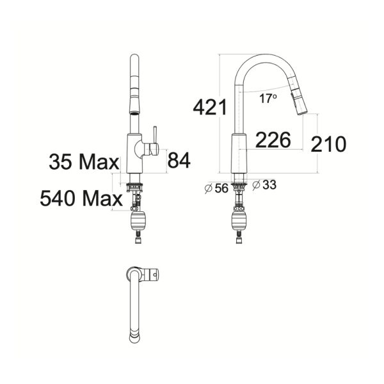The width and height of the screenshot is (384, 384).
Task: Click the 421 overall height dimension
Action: coord(211,107)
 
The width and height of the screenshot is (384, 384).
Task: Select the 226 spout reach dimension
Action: coord(273,140)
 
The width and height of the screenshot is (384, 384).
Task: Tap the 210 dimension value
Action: coord(328,144)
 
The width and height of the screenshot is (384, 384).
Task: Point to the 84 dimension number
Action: coord(179,160)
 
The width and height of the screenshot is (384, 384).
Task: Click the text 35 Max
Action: coord(84,161)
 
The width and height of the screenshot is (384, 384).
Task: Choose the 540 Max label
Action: coord(81,198)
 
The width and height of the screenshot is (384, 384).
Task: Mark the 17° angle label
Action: coord(269,98)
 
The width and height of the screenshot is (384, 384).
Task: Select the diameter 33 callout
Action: coord(264,185)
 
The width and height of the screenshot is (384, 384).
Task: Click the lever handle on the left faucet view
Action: coord(153,142)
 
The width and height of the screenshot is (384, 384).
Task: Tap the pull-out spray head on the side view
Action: coord(298,101)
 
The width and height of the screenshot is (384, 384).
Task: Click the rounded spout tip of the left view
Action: coord(135,59)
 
